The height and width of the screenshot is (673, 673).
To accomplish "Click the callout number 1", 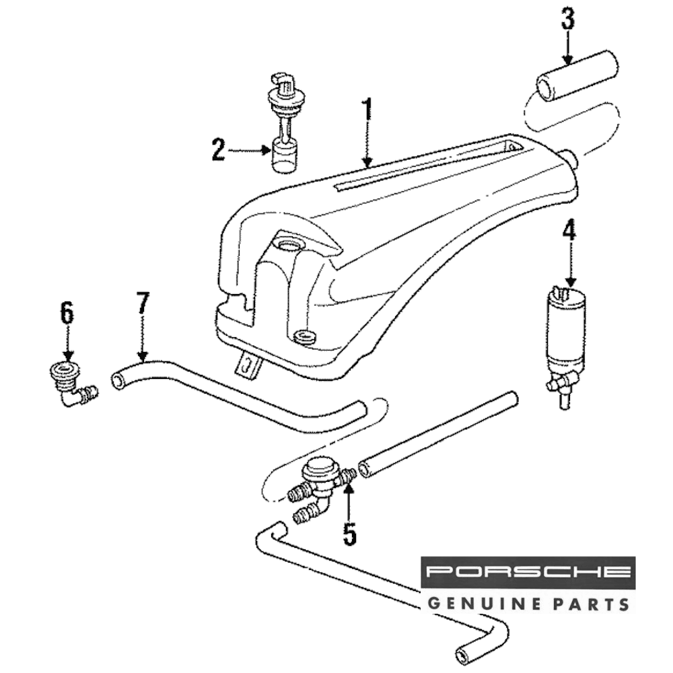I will point(367,112).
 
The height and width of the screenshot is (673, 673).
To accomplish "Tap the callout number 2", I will point(217,149).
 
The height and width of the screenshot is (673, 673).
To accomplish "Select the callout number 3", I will point(568,20).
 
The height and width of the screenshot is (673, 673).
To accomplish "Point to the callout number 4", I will point(569,232).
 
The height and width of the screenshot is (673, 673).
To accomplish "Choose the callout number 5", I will point(349,532).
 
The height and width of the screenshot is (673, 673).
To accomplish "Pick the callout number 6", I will point(66,313).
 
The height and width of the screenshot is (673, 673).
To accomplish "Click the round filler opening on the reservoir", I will point(290,244).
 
